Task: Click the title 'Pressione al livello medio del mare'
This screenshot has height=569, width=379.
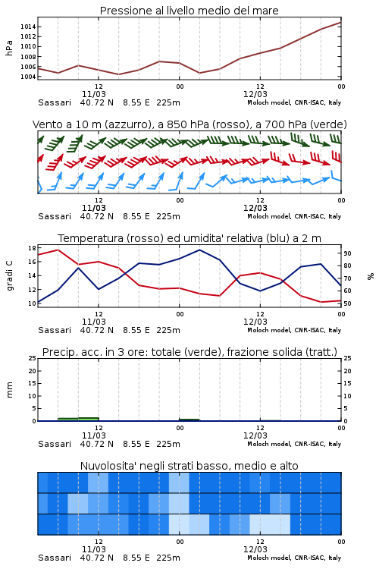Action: [189, 11]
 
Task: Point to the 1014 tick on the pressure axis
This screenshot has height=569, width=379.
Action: [28, 27]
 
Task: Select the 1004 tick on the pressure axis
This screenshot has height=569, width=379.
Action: [28, 77]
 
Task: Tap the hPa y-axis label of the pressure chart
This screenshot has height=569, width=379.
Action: [9, 48]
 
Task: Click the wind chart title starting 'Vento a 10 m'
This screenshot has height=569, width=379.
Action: [189, 124]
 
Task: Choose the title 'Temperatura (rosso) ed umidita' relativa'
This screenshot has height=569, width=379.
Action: [189, 238]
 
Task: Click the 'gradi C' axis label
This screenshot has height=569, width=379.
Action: [10, 275]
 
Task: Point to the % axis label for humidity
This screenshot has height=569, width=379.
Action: [371, 276]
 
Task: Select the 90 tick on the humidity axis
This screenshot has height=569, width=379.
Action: [347, 253]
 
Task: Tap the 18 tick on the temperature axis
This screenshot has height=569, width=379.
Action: [32, 248]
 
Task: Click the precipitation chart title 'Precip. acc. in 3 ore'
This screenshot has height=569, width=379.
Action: [189, 352]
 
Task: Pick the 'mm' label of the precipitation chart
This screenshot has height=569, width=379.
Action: [10, 390]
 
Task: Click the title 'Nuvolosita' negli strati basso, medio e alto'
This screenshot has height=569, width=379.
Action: [189, 466]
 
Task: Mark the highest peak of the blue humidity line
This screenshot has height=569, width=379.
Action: [199, 250]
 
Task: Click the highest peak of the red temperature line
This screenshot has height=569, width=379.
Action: [58, 250]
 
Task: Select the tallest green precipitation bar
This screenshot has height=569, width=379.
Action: [89, 420]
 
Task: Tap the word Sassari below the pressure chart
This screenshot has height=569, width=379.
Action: [55, 102]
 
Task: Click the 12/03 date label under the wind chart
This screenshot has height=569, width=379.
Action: [255, 209]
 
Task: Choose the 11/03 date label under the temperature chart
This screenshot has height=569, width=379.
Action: [93, 322]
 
